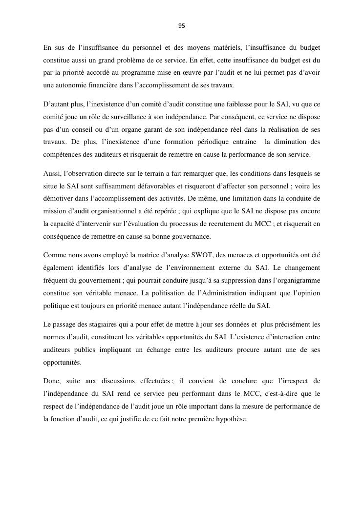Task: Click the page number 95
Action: (182, 26)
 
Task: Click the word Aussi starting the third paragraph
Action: (51, 174)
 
